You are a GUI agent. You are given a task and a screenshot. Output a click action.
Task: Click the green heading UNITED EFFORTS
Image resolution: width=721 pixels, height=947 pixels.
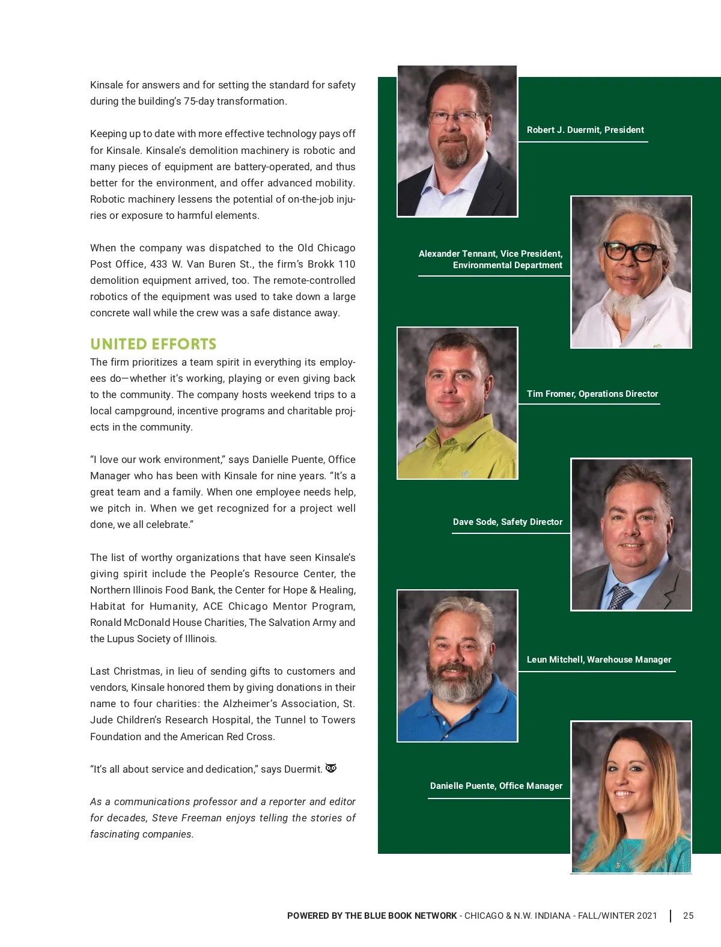[x=153, y=344]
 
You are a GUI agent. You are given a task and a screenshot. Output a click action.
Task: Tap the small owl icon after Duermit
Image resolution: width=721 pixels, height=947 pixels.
[x=331, y=768]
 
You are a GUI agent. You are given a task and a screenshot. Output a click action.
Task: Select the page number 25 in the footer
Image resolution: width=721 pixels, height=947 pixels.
[x=688, y=916]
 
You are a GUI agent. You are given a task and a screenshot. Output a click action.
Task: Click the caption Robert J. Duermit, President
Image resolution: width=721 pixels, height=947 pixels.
[x=585, y=130]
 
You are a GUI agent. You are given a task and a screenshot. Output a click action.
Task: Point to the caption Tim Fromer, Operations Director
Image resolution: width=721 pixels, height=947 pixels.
[x=592, y=394]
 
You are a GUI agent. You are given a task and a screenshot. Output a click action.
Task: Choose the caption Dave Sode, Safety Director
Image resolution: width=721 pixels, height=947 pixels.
[x=508, y=522]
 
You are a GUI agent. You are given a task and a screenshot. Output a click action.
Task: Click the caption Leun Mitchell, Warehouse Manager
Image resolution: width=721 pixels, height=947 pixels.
[x=598, y=660]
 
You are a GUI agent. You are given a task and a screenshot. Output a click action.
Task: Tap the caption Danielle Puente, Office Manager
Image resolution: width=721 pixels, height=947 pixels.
[x=496, y=786]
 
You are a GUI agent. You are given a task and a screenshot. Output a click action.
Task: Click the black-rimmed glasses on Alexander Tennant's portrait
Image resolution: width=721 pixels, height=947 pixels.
[x=630, y=251]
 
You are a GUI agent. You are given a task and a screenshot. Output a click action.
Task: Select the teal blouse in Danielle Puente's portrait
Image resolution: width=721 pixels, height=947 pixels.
[x=631, y=854]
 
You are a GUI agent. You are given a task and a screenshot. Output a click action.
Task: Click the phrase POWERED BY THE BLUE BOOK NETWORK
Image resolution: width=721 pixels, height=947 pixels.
[x=372, y=916]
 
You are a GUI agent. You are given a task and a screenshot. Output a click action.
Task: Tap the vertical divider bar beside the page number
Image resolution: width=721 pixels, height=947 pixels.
[x=671, y=916]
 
